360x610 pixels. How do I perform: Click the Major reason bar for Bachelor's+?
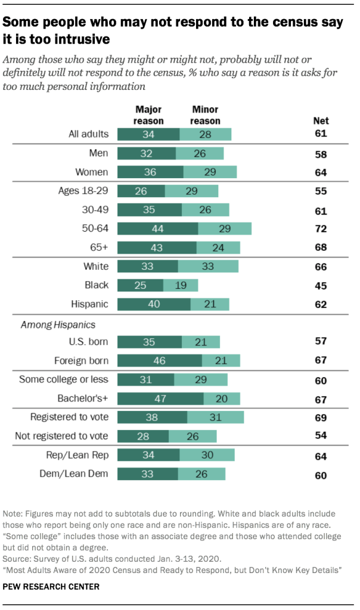click(x=160, y=399)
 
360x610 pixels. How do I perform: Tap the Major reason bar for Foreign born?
click(x=159, y=360)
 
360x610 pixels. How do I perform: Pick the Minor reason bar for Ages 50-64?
click(x=225, y=228)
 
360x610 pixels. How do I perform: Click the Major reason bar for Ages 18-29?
click(x=141, y=191)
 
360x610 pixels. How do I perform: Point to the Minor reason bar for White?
click(x=208, y=266)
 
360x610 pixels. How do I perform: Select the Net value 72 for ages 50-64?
click(x=321, y=229)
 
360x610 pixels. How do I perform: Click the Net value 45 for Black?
click(x=321, y=285)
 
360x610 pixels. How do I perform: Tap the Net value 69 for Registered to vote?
click(x=321, y=418)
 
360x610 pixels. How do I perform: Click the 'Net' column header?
click(x=321, y=121)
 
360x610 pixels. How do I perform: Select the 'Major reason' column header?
click(x=148, y=116)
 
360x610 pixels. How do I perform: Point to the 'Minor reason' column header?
click(x=205, y=116)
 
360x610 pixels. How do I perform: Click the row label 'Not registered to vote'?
click(x=61, y=437)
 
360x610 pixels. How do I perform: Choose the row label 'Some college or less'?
click(x=64, y=379)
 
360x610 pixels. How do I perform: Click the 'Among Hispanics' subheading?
click(x=51, y=325)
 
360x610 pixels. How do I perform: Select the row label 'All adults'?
click(x=88, y=134)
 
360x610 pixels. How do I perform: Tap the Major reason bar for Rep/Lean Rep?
click(x=148, y=456)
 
